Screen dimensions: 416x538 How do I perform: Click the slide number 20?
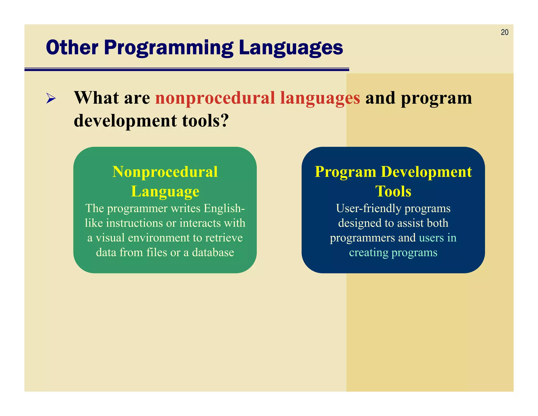click(504, 32)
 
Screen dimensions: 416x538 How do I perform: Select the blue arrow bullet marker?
click(51, 98)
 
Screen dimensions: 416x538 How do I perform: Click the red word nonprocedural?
click(215, 98)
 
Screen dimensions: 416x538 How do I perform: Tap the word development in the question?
click(125, 121)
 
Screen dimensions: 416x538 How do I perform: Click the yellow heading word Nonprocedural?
click(165, 172)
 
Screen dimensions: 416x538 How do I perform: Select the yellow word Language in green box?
click(165, 191)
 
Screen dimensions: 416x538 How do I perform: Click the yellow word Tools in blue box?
click(393, 191)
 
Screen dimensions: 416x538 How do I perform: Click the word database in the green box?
click(213, 252)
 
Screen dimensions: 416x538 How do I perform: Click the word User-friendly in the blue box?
click(369, 209)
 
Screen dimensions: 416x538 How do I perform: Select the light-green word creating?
click(369, 252)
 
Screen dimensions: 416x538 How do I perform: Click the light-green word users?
click(431, 238)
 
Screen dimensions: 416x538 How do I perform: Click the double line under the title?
click(187, 69)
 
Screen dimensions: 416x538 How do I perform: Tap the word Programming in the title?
click(168, 48)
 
